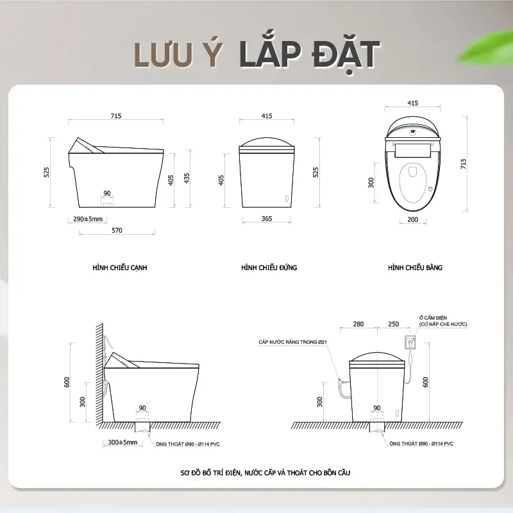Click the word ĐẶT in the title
pyautogui.click(x=346, y=55)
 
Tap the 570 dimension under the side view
pyautogui.click(x=117, y=230)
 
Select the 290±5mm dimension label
pyautogui.click(x=88, y=219)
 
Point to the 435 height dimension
pyautogui.click(x=187, y=178)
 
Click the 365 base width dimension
pyautogui.click(x=267, y=219)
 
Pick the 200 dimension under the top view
pyautogui.click(x=412, y=219)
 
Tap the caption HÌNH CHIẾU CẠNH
pyautogui.click(x=120, y=267)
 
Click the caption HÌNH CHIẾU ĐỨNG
pyautogui.click(x=269, y=267)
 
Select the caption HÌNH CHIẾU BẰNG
pyautogui.click(x=415, y=267)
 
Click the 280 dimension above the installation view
pyautogui.click(x=358, y=324)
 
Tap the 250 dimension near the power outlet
pyautogui.click(x=393, y=324)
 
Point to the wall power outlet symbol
pyautogui.click(x=410, y=342)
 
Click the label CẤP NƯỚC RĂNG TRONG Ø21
pyautogui.click(x=292, y=342)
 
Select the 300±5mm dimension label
pyautogui.click(x=122, y=442)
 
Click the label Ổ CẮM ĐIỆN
pyautogui.click(x=433, y=317)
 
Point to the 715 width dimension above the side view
pyautogui.click(x=116, y=116)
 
